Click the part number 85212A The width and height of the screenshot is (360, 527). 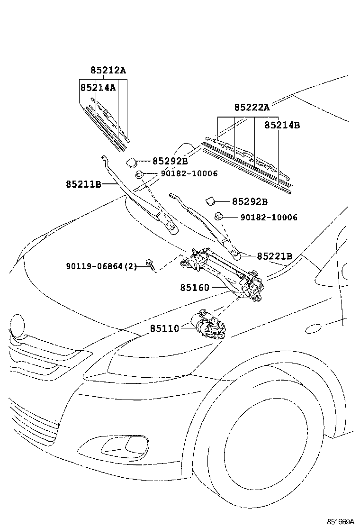108,71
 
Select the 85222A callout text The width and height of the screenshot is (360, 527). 252,108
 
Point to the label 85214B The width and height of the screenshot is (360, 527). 282,125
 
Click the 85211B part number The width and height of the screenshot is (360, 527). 83,184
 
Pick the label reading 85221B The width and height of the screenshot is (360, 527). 274,256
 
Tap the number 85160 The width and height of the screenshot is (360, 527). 194,287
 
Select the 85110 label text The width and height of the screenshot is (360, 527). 165,328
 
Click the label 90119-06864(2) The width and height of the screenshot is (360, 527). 101,267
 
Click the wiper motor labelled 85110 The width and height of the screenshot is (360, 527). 210,326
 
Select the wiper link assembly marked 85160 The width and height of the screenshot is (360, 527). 223,273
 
